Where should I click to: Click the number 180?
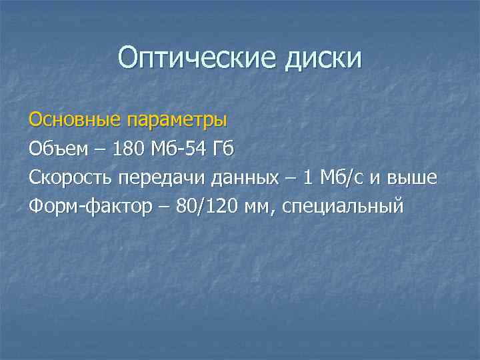[131, 149]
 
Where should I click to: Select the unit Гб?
[223, 149]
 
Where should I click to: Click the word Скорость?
[71, 177]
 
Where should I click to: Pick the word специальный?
[343, 206]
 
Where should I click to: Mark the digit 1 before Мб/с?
[307, 177]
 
